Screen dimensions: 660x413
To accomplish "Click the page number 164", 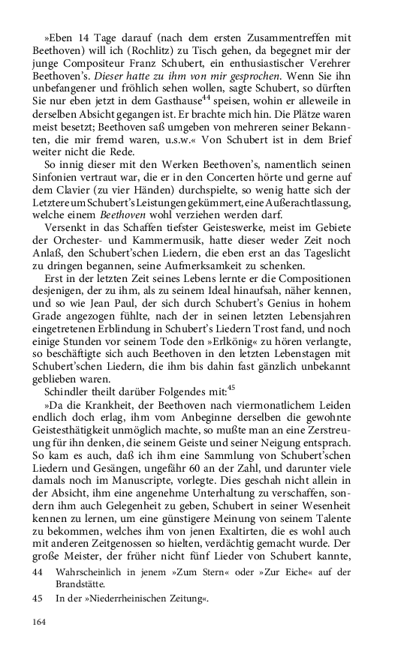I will tap(39, 621).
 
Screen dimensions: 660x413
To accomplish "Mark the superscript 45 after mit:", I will tap(231, 415).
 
